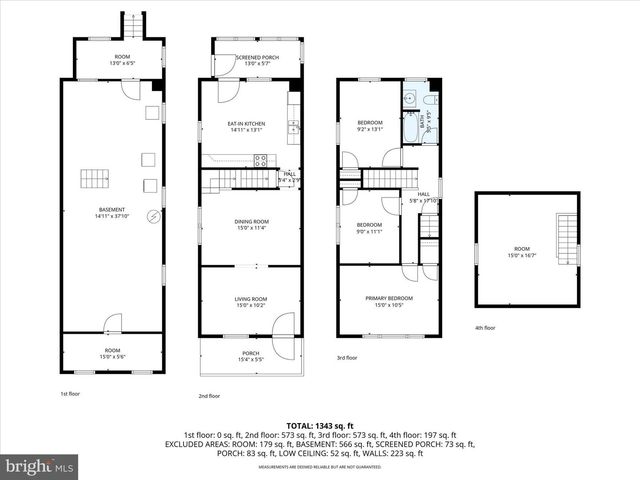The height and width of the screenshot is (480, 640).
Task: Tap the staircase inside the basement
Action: coord(96,180)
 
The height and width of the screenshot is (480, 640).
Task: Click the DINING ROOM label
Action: coord(251,224)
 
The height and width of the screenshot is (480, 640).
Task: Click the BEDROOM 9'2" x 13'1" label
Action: coord(370,126)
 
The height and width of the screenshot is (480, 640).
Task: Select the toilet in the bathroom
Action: coord(429,101)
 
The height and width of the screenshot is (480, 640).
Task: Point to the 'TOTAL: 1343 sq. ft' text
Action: coord(320,425)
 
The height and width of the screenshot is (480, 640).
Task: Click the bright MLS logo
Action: coord(40,466)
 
